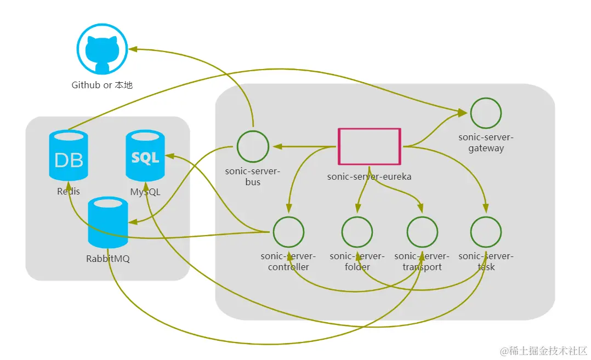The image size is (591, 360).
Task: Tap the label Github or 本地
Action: coord(102,85)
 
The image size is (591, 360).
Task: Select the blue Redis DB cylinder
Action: coord(69,156)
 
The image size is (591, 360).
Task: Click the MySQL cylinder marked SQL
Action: coord(145,156)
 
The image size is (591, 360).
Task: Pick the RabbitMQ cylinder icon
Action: coord(108,222)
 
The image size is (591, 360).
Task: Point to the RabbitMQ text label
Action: coord(108,259)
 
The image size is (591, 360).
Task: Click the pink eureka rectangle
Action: coord(370,146)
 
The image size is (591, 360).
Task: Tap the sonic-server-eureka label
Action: coord(369,176)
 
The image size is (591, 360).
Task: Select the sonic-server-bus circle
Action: coord(253,146)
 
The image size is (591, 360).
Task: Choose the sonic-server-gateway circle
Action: coord(486,113)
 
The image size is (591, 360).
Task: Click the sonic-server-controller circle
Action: coord(288,232)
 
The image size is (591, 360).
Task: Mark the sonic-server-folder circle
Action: coord(357,232)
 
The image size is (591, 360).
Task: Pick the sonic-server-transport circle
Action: coord(422,232)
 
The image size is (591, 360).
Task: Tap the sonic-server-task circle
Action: coord(486,232)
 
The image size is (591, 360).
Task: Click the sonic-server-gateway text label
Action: coord(486,142)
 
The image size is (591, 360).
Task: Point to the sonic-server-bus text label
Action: coord(253,176)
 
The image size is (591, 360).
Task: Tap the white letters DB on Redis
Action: coord(69,160)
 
